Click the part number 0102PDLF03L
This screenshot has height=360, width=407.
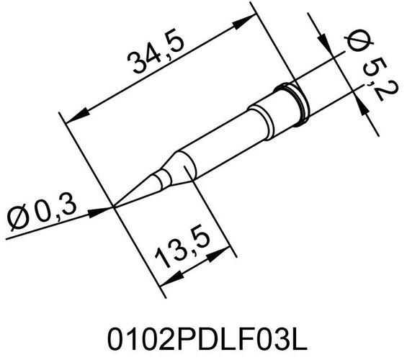tap(202, 336)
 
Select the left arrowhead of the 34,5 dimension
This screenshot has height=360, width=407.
tap(75, 114)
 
